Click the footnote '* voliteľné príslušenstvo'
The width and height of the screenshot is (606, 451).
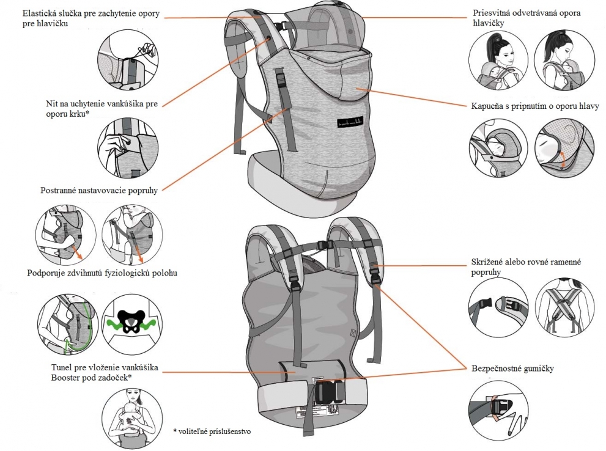point(212,430)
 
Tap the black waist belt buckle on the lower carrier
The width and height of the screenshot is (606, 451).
point(331,391)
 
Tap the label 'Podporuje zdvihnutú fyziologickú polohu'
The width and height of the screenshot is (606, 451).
point(102,273)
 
